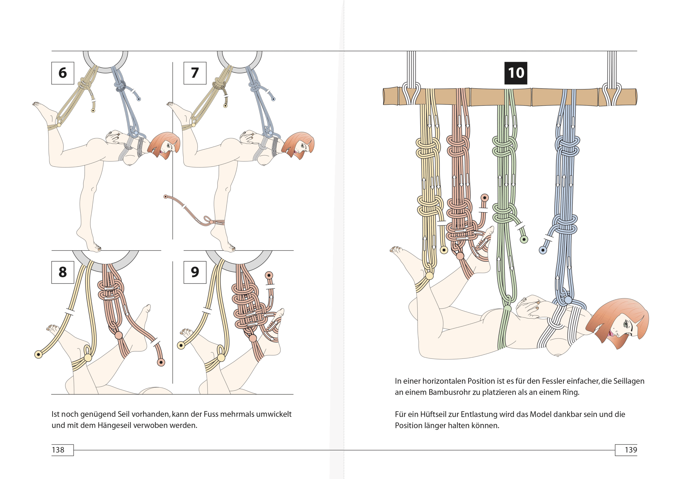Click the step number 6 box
(x=63, y=73)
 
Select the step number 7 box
(x=195, y=73)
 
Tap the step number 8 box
(x=63, y=272)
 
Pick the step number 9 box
(x=195, y=272)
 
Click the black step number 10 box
(x=516, y=73)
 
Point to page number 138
(x=58, y=450)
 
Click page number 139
(x=631, y=450)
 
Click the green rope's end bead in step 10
(x=524, y=240)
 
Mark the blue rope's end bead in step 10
(x=543, y=250)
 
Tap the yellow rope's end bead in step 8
(x=38, y=354)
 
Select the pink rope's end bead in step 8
(x=161, y=362)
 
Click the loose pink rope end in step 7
(x=166, y=197)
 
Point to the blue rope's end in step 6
(x=139, y=99)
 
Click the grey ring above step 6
(x=105, y=70)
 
